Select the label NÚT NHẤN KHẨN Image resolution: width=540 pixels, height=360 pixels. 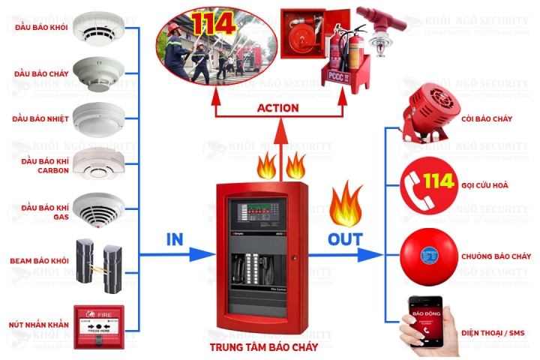point(39,325)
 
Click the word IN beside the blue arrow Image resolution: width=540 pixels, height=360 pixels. point(174,239)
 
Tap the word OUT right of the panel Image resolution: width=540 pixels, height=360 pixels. point(345,239)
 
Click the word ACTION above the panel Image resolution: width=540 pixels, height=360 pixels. point(277,108)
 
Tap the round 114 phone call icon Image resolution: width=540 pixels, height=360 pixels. point(425,183)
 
